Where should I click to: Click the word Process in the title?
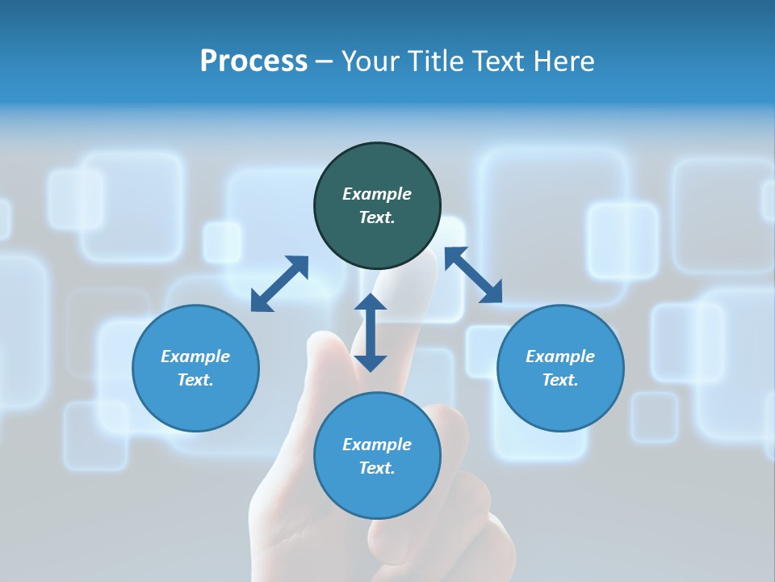point(253,61)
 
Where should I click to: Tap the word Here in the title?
point(563,61)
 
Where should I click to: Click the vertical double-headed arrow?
point(371,332)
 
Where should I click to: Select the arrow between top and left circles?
point(279,284)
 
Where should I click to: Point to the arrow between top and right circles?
point(473,275)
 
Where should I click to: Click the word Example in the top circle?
point(377,194)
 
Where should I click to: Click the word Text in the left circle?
point(195,380)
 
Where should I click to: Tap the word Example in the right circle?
point(560,356)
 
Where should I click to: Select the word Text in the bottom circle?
point(377,468)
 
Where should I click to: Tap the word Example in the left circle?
point(195,356)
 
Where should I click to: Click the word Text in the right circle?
point(560,380)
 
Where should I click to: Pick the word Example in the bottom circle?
point(377,445)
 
